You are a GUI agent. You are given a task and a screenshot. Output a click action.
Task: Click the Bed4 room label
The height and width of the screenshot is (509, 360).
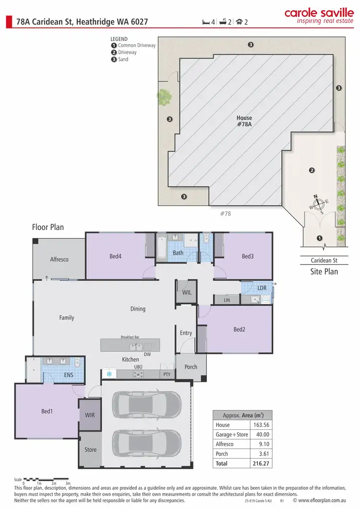click(115, 256)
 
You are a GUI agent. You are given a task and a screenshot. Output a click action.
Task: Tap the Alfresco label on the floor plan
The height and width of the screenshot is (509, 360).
click(59, 259)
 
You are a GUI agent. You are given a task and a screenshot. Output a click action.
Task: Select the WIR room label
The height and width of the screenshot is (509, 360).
click(90, 414)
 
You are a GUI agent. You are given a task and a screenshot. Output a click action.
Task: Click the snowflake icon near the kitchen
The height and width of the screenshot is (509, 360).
click(109, 374)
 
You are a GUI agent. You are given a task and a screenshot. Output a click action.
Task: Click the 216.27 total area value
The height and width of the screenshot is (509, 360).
click(261, 463)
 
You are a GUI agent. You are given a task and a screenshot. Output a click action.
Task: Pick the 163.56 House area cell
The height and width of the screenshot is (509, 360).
click(261, 425)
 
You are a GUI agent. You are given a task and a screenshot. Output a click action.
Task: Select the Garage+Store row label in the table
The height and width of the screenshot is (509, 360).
click(232, 435)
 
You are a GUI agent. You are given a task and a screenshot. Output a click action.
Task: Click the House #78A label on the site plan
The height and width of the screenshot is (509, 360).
click(244, 121)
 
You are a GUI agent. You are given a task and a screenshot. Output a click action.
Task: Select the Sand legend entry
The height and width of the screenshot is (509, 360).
click(123, 60)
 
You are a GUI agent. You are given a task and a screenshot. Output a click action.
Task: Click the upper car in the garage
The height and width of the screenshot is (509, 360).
click(147, 404)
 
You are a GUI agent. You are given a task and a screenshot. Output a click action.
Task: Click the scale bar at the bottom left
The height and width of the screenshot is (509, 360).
click(46, 479)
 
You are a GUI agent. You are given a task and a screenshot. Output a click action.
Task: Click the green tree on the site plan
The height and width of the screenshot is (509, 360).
click(164, 97)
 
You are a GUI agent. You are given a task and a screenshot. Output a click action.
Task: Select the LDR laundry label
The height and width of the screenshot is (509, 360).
click(262, 288)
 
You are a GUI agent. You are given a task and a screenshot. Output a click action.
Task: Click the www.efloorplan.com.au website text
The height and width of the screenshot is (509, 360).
click(322, 500)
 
